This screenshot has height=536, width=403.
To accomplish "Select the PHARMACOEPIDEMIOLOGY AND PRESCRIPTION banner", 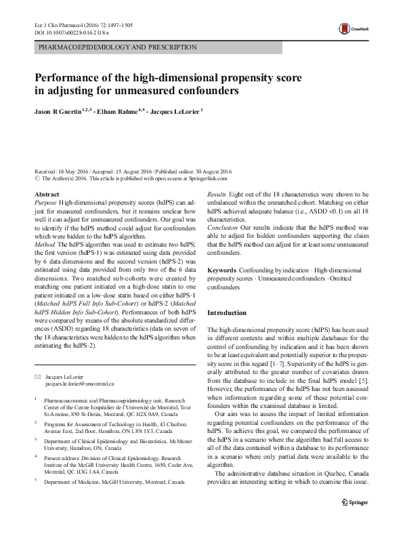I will (118, 47).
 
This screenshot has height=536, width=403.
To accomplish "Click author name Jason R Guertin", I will (64, 110).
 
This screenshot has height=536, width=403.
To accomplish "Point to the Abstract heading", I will (46, 194).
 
